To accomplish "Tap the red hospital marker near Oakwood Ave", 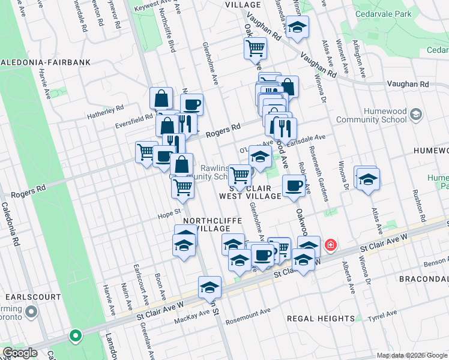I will click(x=330, y=245).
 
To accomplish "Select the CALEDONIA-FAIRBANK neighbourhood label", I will click(x=45, y=62).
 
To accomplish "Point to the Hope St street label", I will click(x=169, y=212).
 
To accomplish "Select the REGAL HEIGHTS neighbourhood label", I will click(x=321, y=318).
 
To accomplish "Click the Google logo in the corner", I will click(x=20, y=352).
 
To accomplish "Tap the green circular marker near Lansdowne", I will click(x=76, y=336).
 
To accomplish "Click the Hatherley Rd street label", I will click(x=105, y=110).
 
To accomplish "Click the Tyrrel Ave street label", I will click(x=383, y=314).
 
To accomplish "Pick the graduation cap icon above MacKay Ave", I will click(x=209, y=287).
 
